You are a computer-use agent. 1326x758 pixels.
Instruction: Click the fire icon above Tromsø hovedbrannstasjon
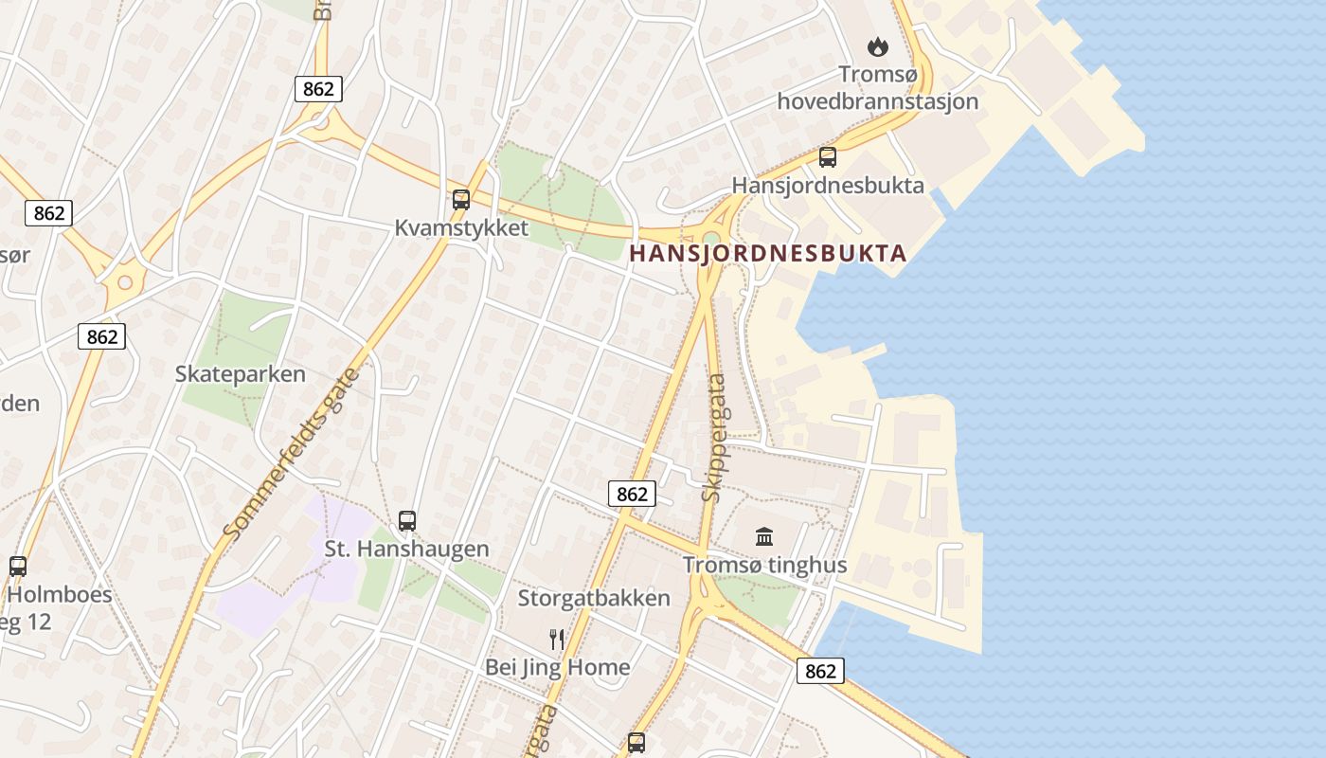(x=878, y=45)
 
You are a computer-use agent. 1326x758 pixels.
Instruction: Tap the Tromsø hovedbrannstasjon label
(x=878, y=87)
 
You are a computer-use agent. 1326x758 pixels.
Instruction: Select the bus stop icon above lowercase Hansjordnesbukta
(x=828, y=157)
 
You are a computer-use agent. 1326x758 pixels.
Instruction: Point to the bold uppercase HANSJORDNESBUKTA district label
(x=768, y=253)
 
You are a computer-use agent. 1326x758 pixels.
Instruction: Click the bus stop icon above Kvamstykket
(x=461, y=200)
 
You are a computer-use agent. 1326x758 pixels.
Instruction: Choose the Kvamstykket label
(x=461, y=228)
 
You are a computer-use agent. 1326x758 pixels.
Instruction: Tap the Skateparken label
(x=241, y=373)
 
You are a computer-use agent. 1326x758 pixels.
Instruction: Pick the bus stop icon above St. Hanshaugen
(x=407, y=520)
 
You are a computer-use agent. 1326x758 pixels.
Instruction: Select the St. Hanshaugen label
(x=407, y=549)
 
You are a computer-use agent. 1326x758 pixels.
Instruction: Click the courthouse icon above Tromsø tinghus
(x=764, y=537)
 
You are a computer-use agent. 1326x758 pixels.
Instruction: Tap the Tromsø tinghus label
(x=765, y=566)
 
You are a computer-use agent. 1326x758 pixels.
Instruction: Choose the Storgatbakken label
(x=594, y=598)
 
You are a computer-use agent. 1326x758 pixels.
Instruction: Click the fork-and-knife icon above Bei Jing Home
(x=557, y=640)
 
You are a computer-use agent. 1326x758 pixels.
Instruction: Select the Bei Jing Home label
(x=557, y=667)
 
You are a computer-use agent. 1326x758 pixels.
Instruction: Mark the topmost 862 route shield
(x=318, y=89)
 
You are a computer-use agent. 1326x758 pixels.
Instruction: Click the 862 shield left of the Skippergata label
(x=631, y=494)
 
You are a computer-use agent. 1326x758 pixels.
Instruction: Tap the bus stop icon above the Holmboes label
(x=18, y=567)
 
